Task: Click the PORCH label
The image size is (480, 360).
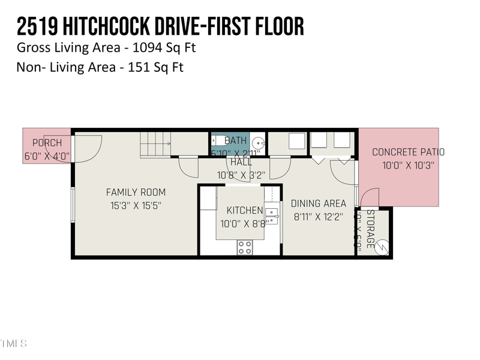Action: (47, 143)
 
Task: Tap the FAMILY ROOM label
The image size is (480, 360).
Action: (136, 193)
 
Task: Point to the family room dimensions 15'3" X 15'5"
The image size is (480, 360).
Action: (136, 205)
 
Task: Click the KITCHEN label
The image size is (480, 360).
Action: (244, 210)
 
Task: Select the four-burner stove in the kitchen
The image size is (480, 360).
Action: (244, 247)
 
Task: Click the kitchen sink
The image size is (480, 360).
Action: (272, 212)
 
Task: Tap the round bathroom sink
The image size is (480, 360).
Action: (258, 143)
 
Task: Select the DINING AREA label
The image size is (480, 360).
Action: (319, 203)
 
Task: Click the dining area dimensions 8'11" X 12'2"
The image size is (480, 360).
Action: (319, 217)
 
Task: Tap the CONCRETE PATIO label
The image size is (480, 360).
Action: (408, 152)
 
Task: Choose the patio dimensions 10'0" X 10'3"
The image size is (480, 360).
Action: (408, 165)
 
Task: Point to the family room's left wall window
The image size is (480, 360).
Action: (72, 205)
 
